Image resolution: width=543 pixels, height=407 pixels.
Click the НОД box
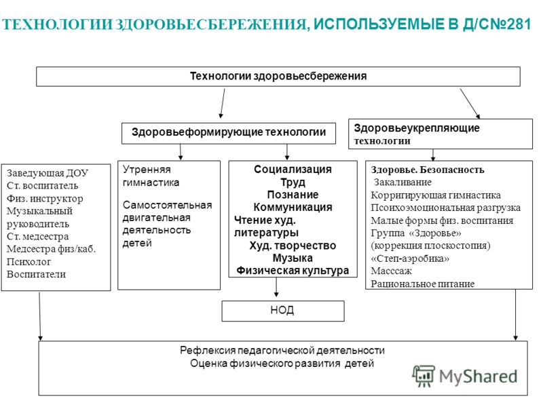pyautogui.click(x=283, y=311)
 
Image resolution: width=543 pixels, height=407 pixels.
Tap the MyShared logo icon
pyautogui.click(x=423, y=376)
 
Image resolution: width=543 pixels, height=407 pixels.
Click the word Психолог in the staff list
pyautogui.click(x=29, y=262)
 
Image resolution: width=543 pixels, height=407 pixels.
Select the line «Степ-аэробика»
pyautogui.click(x=410, y=258)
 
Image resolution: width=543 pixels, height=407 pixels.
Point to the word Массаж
pyautogui.click(x=392, y=271)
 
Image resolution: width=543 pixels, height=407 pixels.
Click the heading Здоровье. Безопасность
pyautogui.click(x=428, y=170)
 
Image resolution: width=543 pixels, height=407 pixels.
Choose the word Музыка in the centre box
pyautogui.click(x=293, y=258)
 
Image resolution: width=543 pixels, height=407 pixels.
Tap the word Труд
pyautogui.click(x=293, y=182)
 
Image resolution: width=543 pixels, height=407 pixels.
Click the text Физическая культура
pyautogui.click(x=293, y=270)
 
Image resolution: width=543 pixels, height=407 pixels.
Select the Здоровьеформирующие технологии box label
pyautogui.click(x=229, y=132)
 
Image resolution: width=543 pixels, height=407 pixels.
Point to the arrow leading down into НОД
pyautogui.click(x=276, y=287)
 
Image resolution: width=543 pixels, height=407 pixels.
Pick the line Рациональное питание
pyautogui.click(x=422, y=284)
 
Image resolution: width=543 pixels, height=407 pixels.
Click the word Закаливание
pyautogui.click(x=402, y=182)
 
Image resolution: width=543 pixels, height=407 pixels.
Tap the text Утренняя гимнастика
pyautogui.click(x=151, y=176)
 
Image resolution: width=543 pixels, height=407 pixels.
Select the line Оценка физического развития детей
pyautogui.click(x=282, y=364)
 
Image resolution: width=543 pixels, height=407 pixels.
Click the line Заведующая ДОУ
pyautogui.click(x=48, y=173)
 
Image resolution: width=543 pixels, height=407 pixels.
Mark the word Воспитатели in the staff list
pyautogui.click(x=36, y=274)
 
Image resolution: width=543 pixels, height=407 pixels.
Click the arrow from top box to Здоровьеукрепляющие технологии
pyautogui.click(x=470, y=104)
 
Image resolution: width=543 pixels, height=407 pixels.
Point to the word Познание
pyautogui.click(x=293, y=195)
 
